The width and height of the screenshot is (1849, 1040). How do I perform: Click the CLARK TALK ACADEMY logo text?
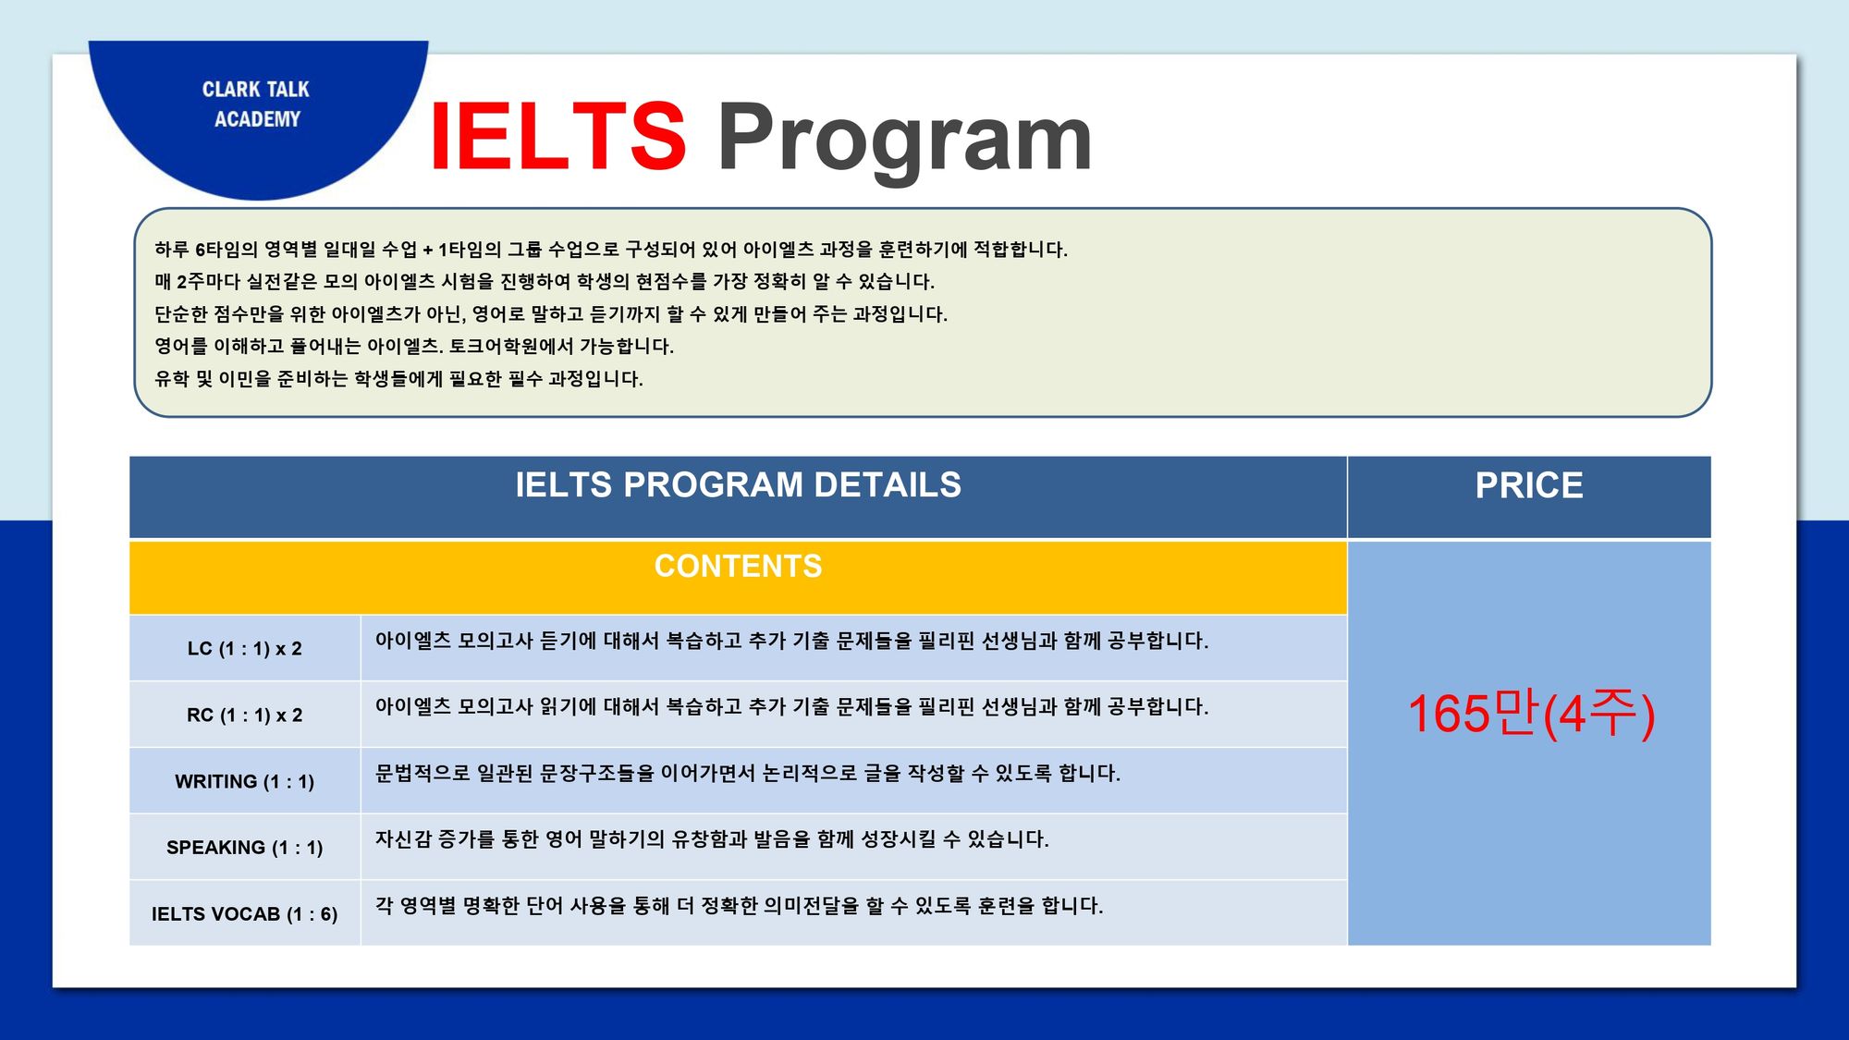click(256, 104)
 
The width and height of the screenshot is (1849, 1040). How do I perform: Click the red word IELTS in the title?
click(557, 137)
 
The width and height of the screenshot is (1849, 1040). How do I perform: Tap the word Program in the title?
click(904, 139)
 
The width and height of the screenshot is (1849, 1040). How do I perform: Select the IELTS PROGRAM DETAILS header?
click(738, 484)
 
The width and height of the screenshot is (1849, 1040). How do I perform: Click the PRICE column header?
click(1529, 485)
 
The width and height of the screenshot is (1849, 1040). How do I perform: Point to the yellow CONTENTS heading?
click(738, 566)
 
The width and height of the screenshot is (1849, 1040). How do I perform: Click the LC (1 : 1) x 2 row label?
click(245, 648)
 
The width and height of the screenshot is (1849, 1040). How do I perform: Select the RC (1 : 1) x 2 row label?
click(245, 715)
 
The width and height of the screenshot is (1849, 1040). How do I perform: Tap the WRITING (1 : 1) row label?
click(245, 781)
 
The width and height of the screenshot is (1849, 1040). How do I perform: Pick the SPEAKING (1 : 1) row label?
click(245, 847)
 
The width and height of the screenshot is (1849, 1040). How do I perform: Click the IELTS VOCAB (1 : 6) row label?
click(245, 913)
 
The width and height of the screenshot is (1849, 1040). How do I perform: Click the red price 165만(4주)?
click(1531, 714)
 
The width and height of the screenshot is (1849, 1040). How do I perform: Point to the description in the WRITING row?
click(748, 773)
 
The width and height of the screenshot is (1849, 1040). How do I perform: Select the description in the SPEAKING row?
click(712, 838)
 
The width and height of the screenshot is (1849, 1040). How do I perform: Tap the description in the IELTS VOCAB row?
click(740, 905)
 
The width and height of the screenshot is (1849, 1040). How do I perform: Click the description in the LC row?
click(791, 640)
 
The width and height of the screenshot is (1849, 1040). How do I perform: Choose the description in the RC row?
click(791, 706)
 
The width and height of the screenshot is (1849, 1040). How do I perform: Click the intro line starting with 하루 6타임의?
click(611, 249)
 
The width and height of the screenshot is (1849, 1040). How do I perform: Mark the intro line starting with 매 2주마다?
click(545, 281)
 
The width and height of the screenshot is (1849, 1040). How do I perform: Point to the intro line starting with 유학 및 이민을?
click(398, 378)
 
